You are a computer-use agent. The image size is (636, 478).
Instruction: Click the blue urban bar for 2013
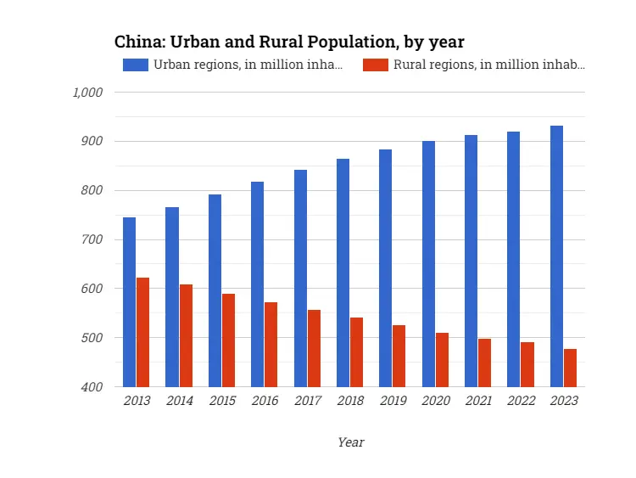click(x=129, y=301)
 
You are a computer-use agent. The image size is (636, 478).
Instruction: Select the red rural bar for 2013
click(x=142, y=332)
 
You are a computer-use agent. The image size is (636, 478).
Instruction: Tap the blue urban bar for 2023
click(x=556, y=256)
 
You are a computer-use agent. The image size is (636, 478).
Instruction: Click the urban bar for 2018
click(x=343, y=273)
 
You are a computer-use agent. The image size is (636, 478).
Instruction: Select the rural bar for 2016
click(x=271, y=344)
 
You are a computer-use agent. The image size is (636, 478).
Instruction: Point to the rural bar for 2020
click(x=442, y=359)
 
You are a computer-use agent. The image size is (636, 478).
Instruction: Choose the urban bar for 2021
click(x=471, y=261)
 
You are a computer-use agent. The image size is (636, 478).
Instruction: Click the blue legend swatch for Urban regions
click(x=136, y=65)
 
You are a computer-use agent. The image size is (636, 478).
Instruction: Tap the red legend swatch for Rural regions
click(x=376, y=65)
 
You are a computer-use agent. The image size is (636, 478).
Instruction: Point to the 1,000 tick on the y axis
click(x=87, y=93)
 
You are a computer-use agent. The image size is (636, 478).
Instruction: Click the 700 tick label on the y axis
click(x=92, y=239)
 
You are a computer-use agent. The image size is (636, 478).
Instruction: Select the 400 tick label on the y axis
click(x=92, y=387)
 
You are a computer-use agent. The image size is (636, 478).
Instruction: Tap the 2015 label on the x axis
click(x=221, y=401)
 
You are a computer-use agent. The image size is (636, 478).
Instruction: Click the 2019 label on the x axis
click(x=393, y=401)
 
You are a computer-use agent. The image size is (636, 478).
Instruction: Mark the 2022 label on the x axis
click(x=521, y=401)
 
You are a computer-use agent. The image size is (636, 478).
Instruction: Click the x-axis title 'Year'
click(x=350, y=442)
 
